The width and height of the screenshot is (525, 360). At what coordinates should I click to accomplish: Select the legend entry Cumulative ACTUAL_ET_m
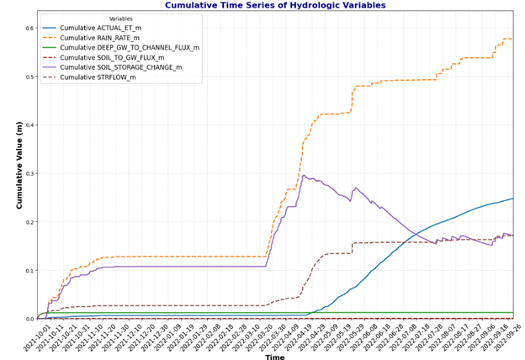point(118,27)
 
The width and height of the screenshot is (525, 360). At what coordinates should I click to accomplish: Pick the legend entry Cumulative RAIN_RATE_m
point(117,38)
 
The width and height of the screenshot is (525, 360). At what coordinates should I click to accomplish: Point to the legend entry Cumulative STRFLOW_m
point(109,78)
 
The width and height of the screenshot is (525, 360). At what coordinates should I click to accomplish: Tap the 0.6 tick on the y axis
point(28,29)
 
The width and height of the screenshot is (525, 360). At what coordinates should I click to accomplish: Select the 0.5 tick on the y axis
point(28,77)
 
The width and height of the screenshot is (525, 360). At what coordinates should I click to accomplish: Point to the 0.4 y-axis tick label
point(28,125)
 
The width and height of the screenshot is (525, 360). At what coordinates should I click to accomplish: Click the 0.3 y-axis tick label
point(28,174)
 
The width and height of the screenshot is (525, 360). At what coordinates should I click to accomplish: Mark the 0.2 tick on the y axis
point(28,222)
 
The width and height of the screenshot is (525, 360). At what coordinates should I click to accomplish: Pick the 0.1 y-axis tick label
point(28,271)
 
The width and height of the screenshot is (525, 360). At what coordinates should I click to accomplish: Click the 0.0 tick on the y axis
point(28,319)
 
